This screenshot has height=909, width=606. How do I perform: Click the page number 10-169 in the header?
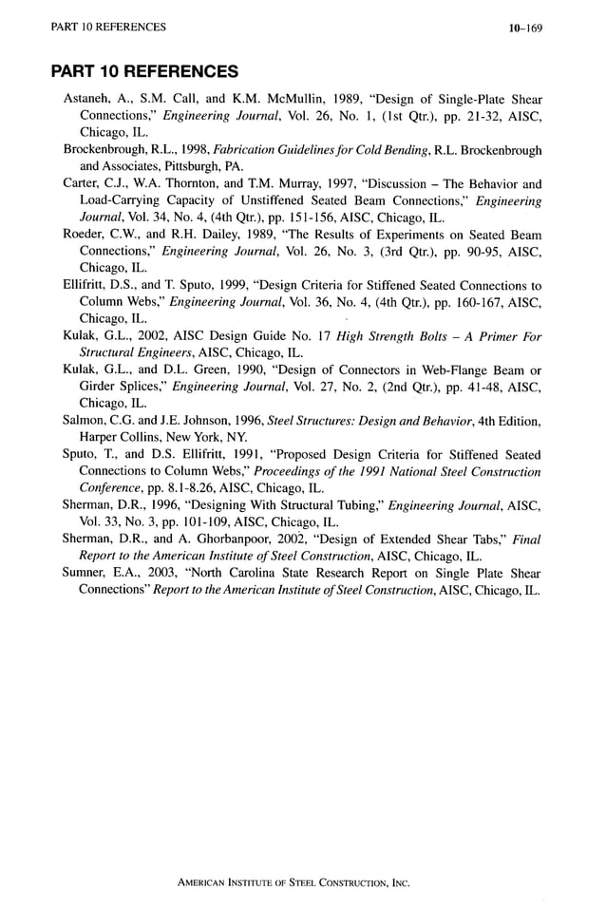(x=524, y=28)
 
